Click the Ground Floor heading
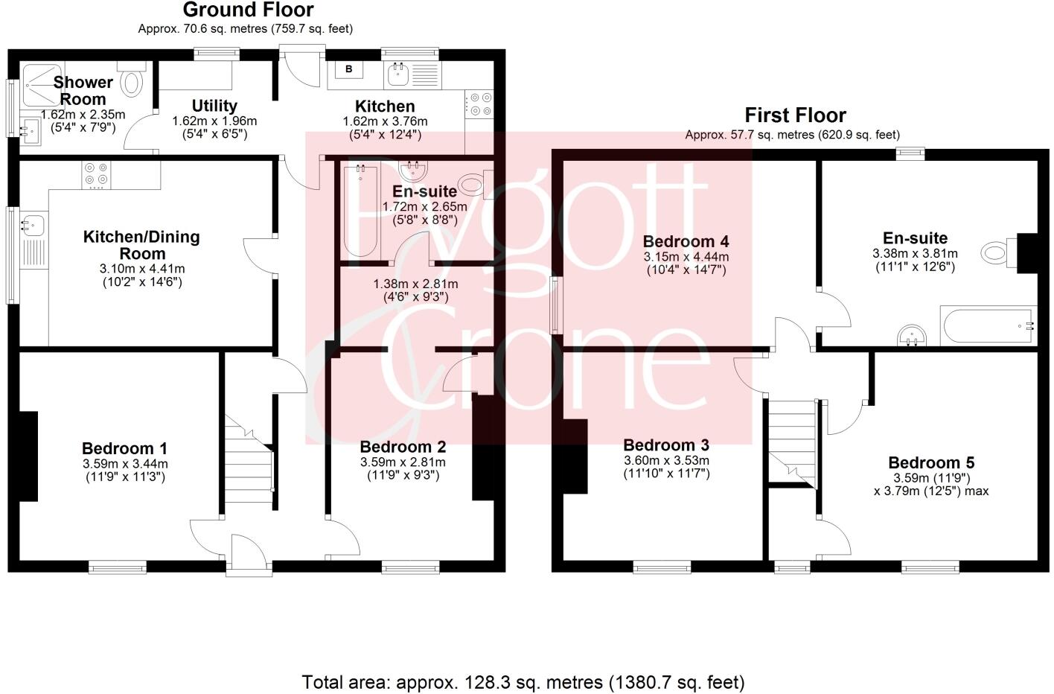(x=248, y=10)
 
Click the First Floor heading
(x=795, y=115)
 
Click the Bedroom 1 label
(x=124, y=448)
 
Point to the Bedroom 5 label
(x=930, y=462)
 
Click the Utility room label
(x=214, y=106)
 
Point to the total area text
(x=523, y=681)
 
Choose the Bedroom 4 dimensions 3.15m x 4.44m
(x=686, y=257)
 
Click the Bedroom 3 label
(x=665, y=445)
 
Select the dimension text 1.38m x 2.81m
(x=415, y=284)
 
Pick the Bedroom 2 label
(x=403, y=447)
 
